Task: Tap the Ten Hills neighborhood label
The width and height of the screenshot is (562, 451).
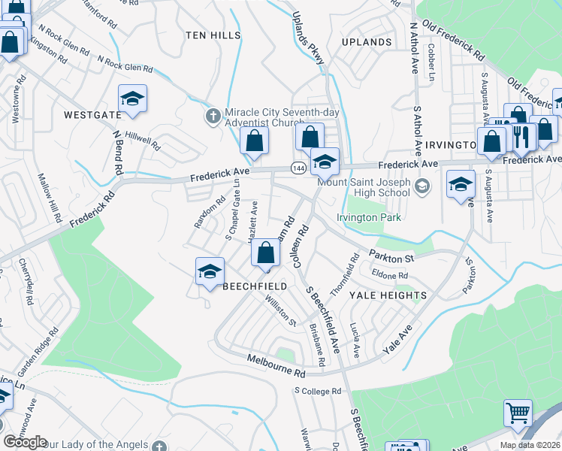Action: (x=213, y=35)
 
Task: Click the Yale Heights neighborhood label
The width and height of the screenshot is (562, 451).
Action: (x=388, y=295)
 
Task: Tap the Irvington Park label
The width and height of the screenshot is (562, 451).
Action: (x=370, y=218)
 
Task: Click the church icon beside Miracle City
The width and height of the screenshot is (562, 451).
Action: (x=213, y=115)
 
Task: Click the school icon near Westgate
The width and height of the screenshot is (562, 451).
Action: (x=132, y=99)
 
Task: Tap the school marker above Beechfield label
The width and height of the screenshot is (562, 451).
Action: (x=210, y=271)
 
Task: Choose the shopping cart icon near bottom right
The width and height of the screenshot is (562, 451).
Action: (x=517, y=413)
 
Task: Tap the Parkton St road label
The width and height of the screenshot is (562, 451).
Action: (x=391, y=258)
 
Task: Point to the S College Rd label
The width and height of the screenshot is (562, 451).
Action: (x=318, y=392)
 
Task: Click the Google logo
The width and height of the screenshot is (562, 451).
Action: (x=25, y=442)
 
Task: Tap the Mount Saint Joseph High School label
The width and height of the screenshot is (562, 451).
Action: (x=364, y=187)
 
